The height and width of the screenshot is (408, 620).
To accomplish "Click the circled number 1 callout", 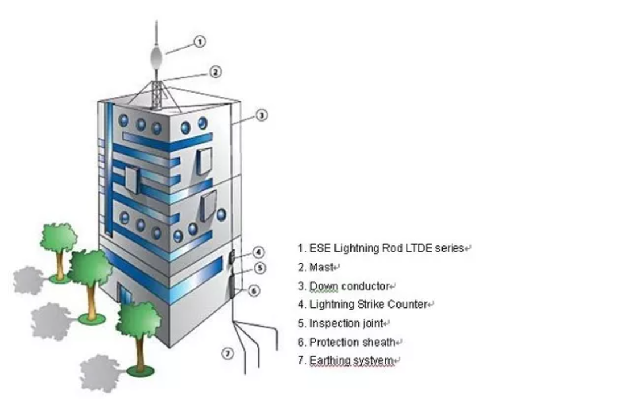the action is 200,41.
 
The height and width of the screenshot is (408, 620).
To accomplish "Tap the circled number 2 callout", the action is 216,72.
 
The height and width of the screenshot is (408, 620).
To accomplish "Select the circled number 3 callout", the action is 262,115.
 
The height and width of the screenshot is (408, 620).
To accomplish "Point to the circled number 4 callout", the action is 259,252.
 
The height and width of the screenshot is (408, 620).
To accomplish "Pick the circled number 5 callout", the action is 260,268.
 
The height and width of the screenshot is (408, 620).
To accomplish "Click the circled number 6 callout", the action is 254,291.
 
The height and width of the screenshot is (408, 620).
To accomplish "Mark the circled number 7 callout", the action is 228,353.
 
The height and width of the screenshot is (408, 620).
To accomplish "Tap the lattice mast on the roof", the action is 157,95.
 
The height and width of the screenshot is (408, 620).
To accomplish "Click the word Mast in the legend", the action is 321,268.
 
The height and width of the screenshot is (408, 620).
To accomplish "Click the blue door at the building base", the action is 126,295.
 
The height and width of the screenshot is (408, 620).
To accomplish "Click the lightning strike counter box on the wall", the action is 232,257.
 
